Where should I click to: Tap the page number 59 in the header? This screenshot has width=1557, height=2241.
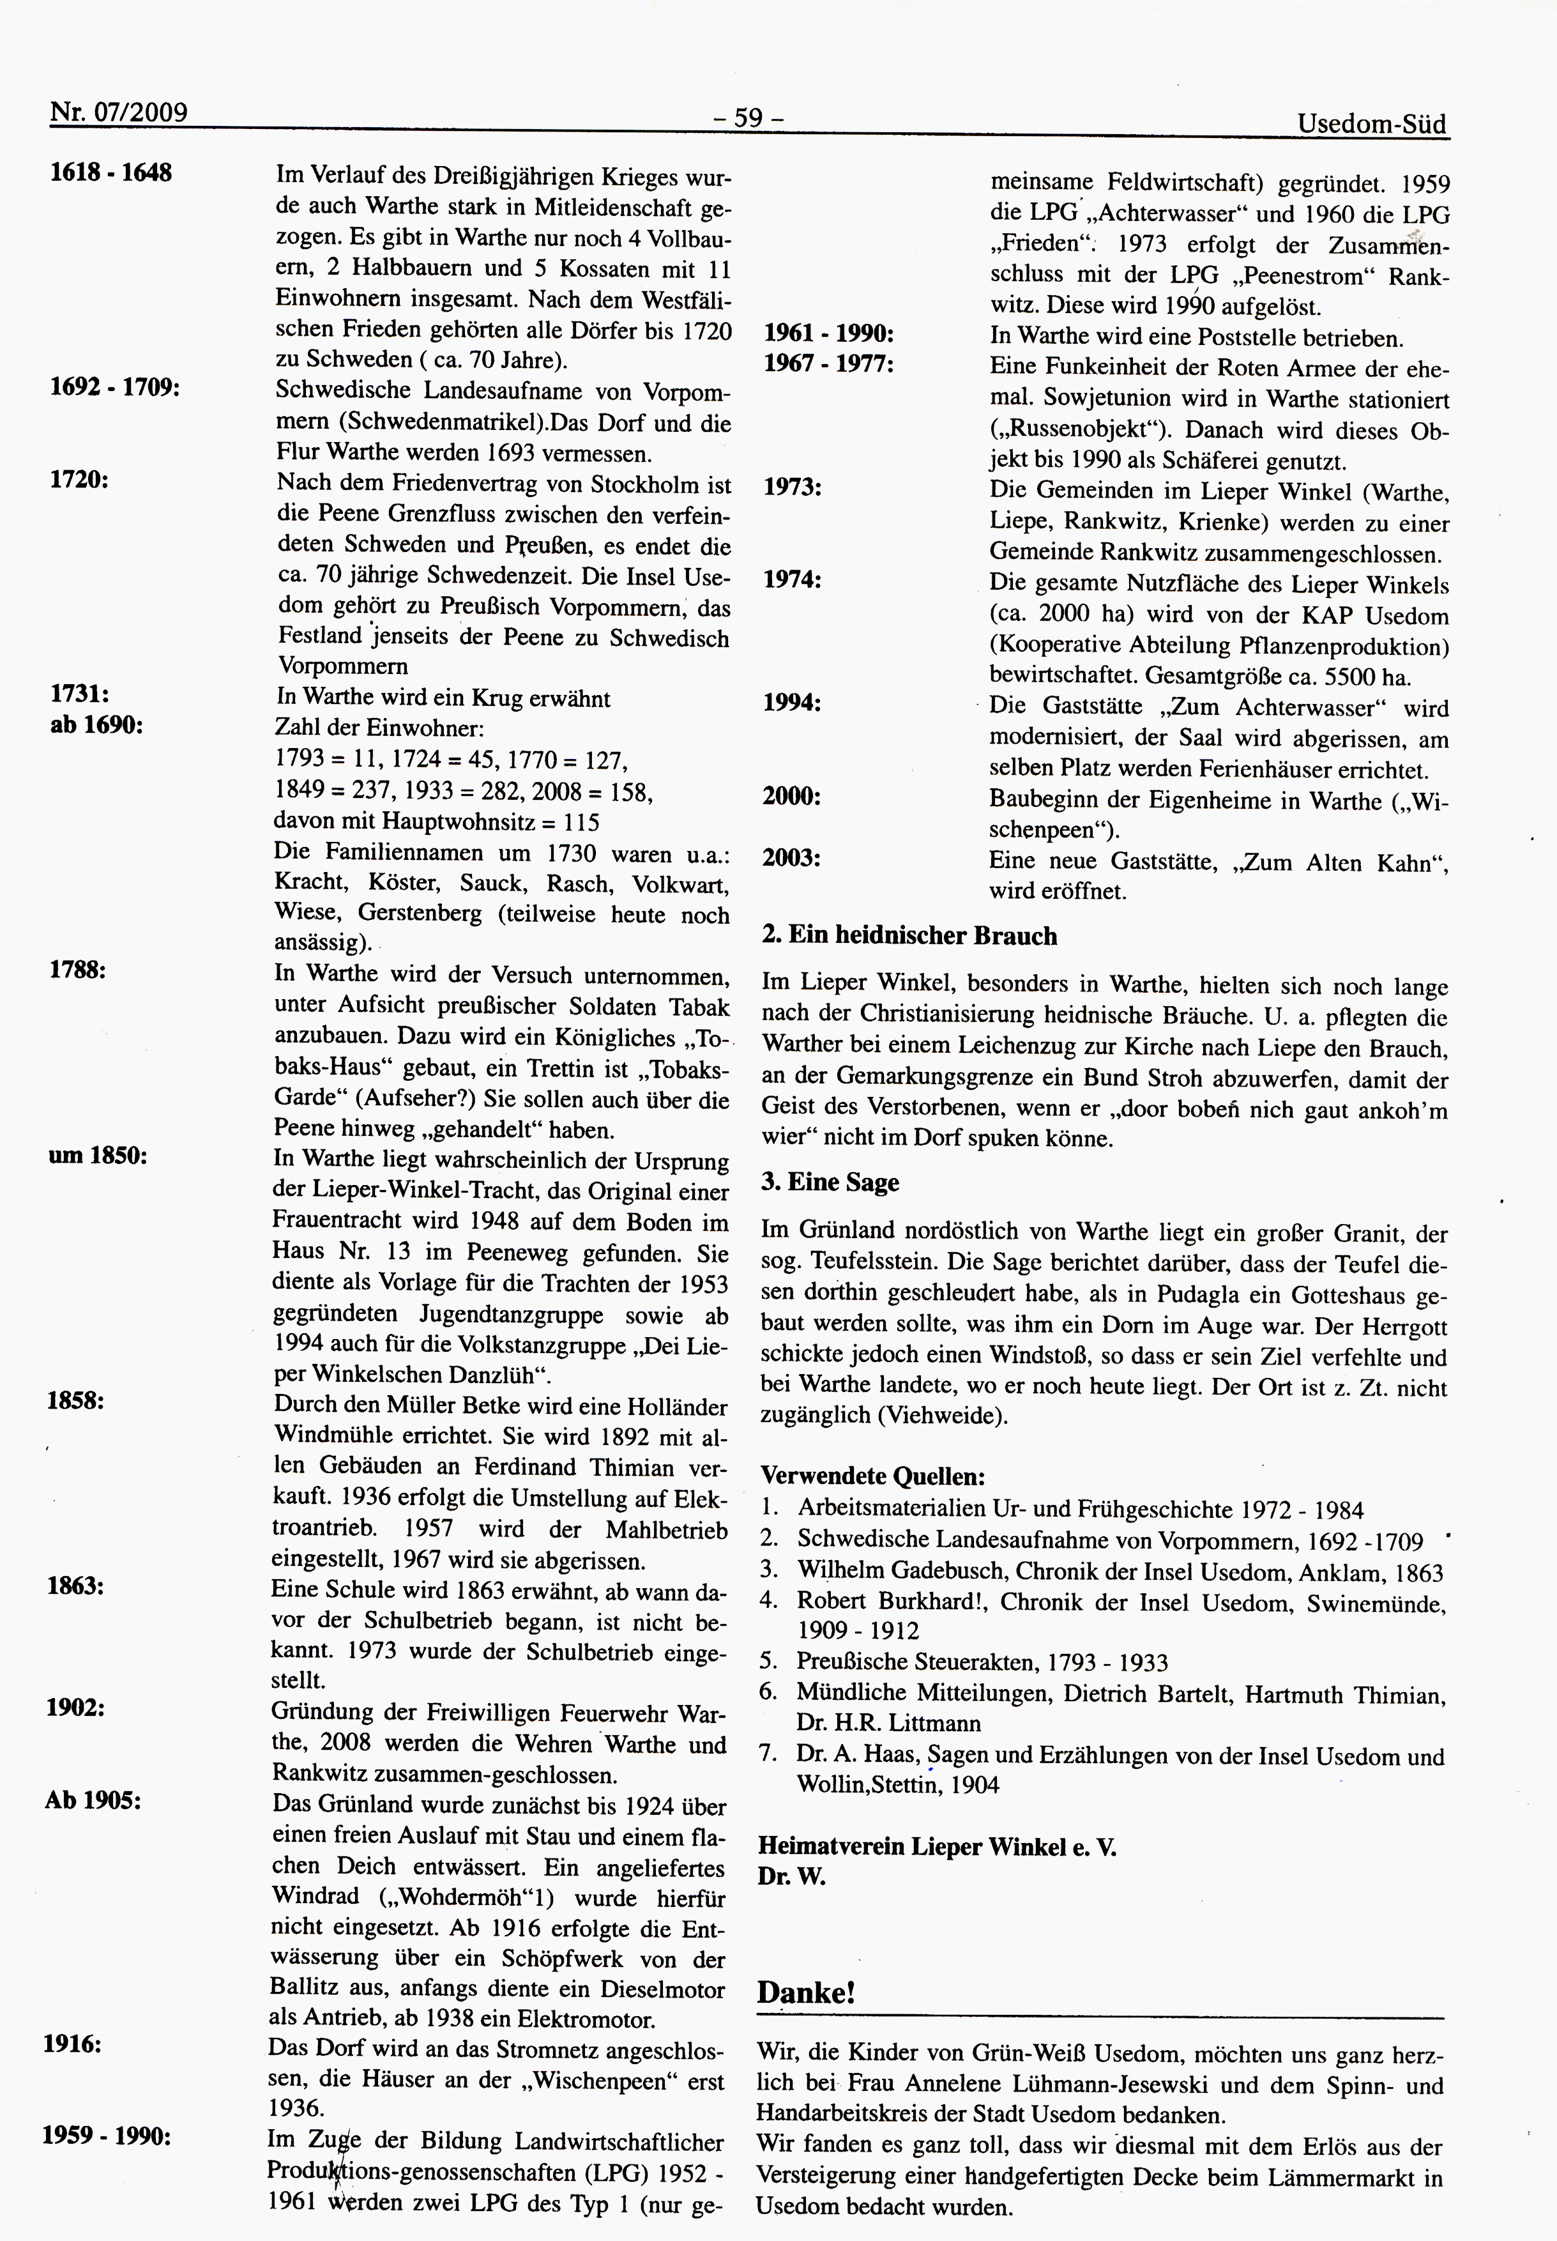(x=748, y=118)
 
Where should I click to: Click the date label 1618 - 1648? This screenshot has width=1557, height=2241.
(x=111, y=172)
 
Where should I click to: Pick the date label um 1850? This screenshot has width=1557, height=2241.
(x=98, y=1156)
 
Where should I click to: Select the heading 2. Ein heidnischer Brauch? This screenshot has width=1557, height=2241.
(x=908, y=936)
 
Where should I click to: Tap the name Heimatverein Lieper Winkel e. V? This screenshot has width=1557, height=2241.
(x=936, y=1846)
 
